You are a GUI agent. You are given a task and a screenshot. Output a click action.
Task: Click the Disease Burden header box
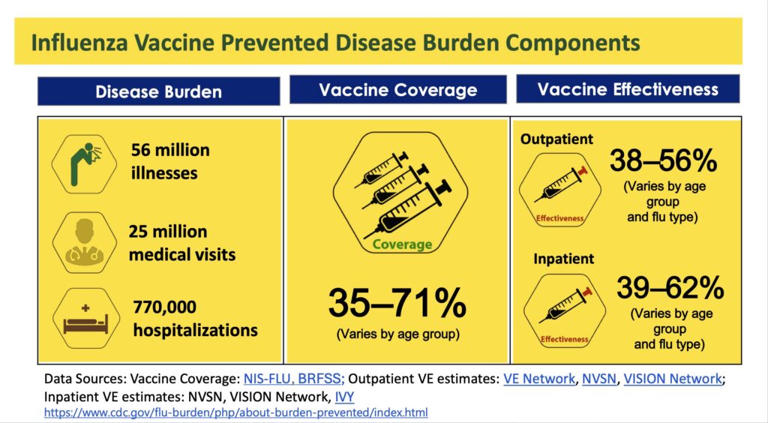coord(159,91)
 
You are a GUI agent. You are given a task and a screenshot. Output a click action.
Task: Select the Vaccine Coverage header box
coord(397,89)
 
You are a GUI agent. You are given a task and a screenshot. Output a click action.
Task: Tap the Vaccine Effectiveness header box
coord(628,88)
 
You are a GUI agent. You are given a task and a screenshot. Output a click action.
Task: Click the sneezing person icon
coord(84,163)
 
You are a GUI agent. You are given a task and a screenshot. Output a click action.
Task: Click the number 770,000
coord(164,307)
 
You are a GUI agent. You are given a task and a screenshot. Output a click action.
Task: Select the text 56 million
coord(170,150)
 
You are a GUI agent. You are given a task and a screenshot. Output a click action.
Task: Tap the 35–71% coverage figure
coord(397,303)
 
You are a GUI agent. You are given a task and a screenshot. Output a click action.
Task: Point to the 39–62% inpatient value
coord(670,287)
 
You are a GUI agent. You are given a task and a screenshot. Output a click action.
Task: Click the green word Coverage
coord(402,244)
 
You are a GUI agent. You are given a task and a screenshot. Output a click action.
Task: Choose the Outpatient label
coord(557,139)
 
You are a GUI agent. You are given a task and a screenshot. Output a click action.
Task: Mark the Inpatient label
coord(564,259)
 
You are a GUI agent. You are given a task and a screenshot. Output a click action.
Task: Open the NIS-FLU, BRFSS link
coord(294,379)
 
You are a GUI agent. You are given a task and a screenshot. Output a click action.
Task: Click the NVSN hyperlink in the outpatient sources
coord(599,379)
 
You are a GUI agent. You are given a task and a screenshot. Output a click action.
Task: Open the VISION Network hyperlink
coord(673,379)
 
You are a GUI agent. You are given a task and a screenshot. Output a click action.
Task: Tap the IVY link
coord(344,396)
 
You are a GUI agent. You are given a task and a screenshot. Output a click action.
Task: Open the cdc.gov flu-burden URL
coord(236,412)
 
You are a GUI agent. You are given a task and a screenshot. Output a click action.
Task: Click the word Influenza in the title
coord(79,43)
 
